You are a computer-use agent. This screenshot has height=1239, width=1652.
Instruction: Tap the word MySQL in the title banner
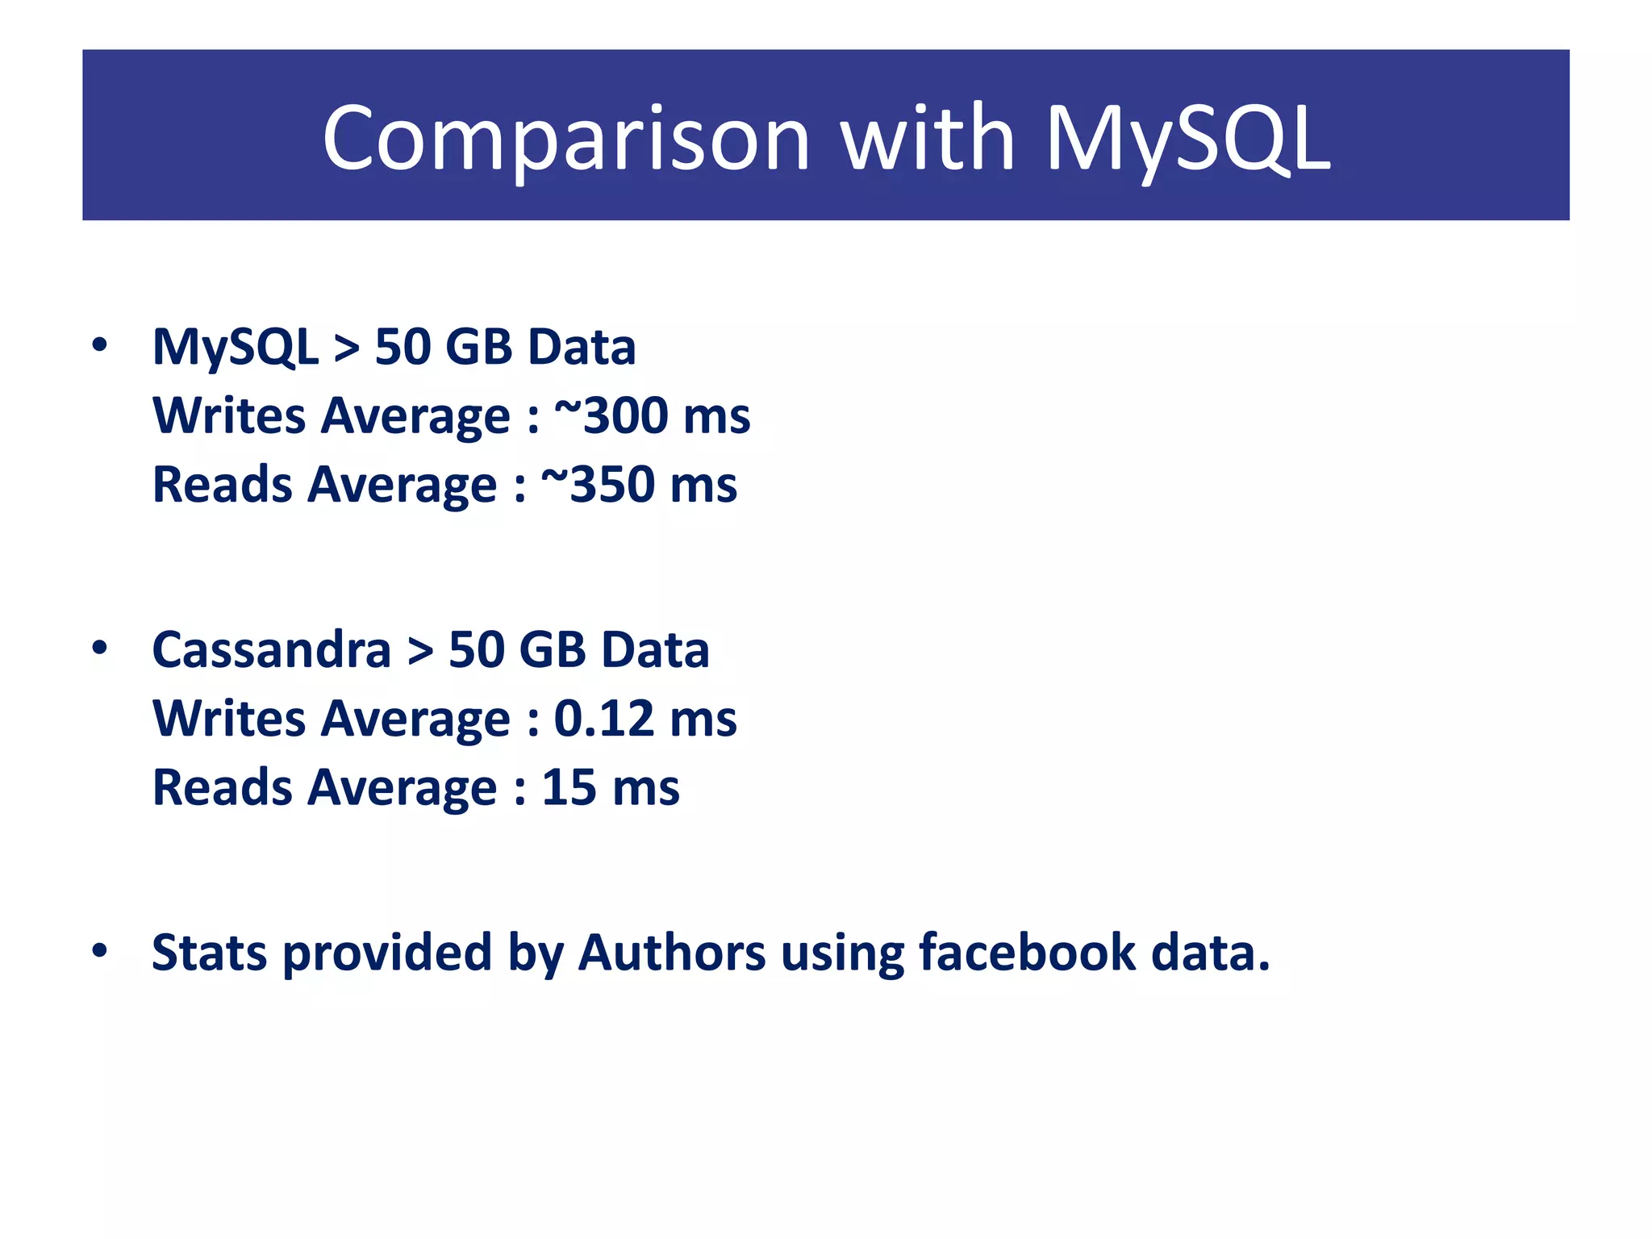[1187, 139]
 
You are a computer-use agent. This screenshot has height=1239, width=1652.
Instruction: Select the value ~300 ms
[652, 416]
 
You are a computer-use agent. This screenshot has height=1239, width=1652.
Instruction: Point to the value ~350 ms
[639, 485]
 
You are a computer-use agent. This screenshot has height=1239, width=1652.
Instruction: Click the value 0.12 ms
[645, 719]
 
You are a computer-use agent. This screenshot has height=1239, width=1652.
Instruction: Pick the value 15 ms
[611, 788]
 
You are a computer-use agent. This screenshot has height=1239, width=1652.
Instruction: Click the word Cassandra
[271, 650]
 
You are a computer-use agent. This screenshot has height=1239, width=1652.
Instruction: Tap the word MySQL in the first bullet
[235, 348]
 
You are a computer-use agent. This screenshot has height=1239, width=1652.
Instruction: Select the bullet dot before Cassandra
[99, 648]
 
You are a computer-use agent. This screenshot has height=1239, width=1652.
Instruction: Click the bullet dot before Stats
[99, 950]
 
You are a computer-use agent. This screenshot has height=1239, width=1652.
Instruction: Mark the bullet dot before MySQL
[99, 345]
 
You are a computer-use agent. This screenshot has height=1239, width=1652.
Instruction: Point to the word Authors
[672, 953]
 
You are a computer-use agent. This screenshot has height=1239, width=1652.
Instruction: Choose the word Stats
[209, 953]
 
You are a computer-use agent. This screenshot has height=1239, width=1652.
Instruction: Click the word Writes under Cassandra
[229, 719]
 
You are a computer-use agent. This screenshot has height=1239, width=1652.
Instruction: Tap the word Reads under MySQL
[223, 485]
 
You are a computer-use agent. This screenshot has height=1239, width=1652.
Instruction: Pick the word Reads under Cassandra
[223, 788]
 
